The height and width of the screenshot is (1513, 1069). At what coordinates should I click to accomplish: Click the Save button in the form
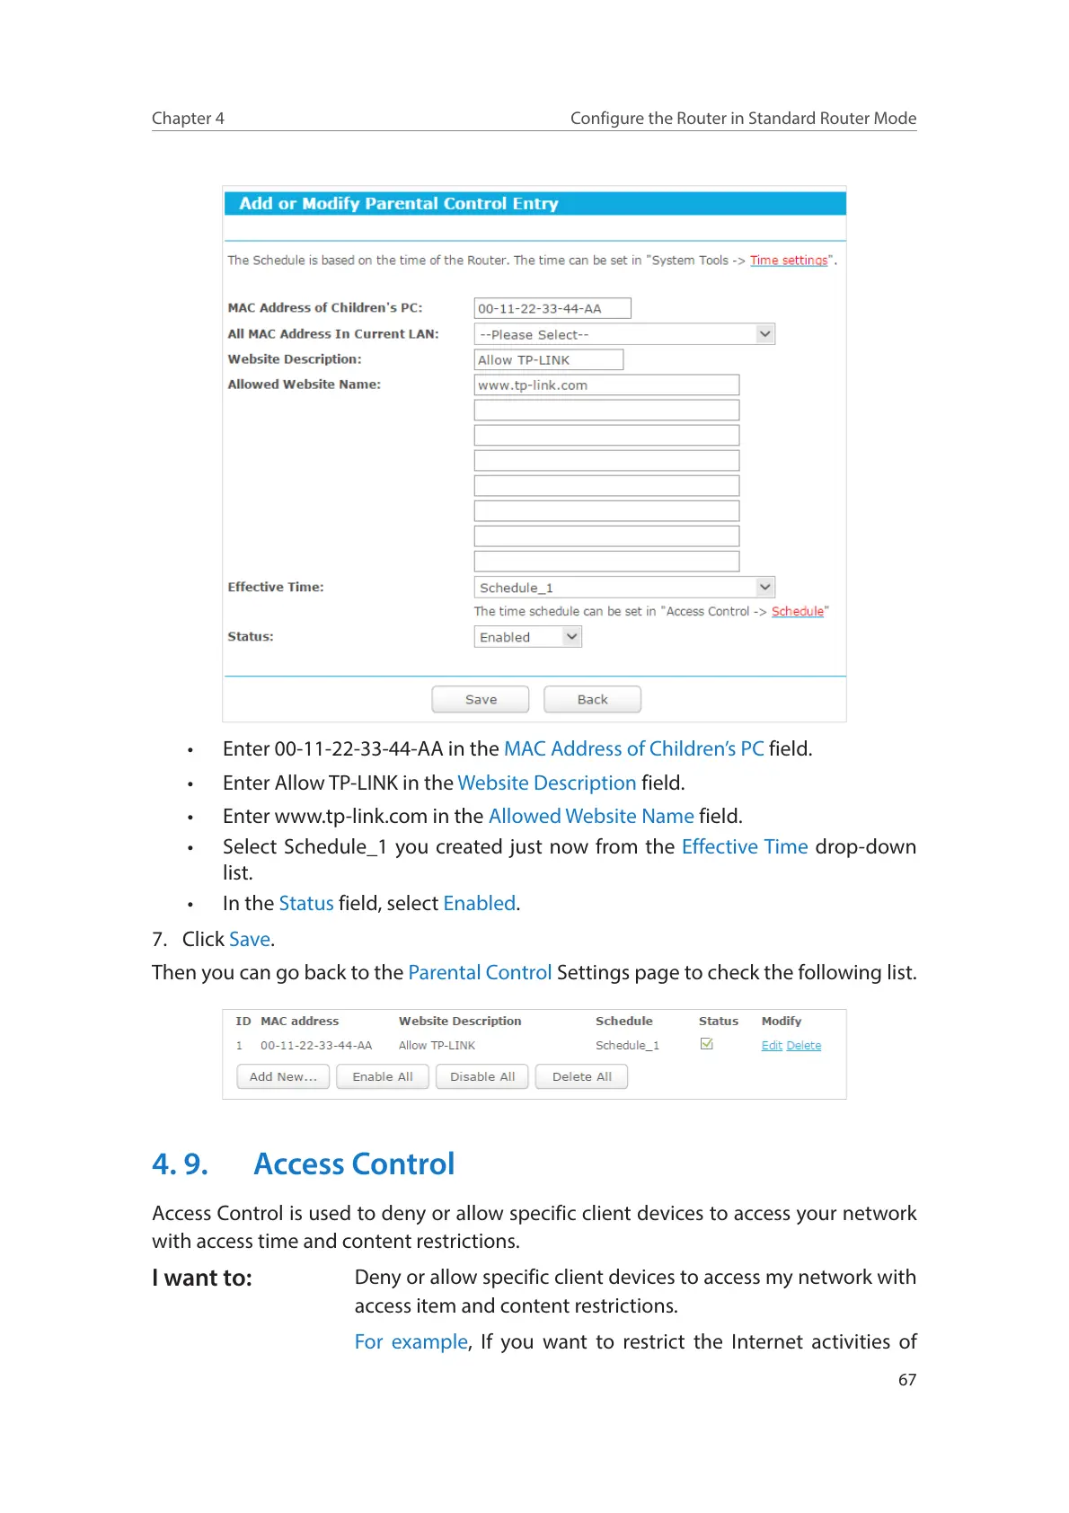(481, 699)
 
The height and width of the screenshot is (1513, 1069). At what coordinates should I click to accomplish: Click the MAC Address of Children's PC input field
(552, 308)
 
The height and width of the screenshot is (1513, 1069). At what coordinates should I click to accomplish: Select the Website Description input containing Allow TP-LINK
(548, 359)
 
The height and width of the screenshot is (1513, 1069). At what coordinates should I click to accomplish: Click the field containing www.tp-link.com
(605, 385)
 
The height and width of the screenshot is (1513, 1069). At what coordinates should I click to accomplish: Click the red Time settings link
(789, 261)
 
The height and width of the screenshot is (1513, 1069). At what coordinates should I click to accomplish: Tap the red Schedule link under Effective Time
(797, 611)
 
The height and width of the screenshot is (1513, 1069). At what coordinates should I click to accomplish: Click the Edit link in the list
(772, 1045)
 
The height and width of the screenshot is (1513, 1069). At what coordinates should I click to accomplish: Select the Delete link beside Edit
(804, 1045)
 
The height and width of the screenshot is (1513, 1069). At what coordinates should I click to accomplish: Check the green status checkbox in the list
(707, 1044)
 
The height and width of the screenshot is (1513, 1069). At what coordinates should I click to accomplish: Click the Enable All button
(383, 1076)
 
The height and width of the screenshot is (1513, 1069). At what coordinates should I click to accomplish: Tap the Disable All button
(482, 1076)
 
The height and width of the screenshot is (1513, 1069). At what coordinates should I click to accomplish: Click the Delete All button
(581, 1076)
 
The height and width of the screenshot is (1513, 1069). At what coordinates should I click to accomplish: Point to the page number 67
(907, 1379)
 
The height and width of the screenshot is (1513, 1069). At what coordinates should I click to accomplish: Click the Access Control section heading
(354, 1164)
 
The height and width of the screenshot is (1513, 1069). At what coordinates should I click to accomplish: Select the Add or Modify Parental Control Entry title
(399, 204)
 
